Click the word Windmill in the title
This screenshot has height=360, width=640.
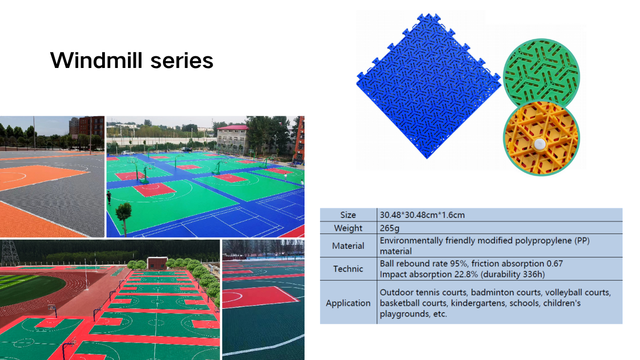97,60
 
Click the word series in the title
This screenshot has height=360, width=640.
182,61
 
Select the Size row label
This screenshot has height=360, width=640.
348,215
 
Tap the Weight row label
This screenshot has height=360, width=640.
348,228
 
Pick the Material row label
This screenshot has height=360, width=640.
348,246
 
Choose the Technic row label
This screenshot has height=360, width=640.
348,269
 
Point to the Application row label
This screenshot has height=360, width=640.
348,303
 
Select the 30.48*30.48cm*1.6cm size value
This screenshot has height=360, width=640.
422,215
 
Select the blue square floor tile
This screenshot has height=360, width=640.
429,86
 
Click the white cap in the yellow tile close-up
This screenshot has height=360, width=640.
539,145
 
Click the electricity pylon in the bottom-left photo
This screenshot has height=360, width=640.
10,252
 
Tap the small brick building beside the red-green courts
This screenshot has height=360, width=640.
157,263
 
